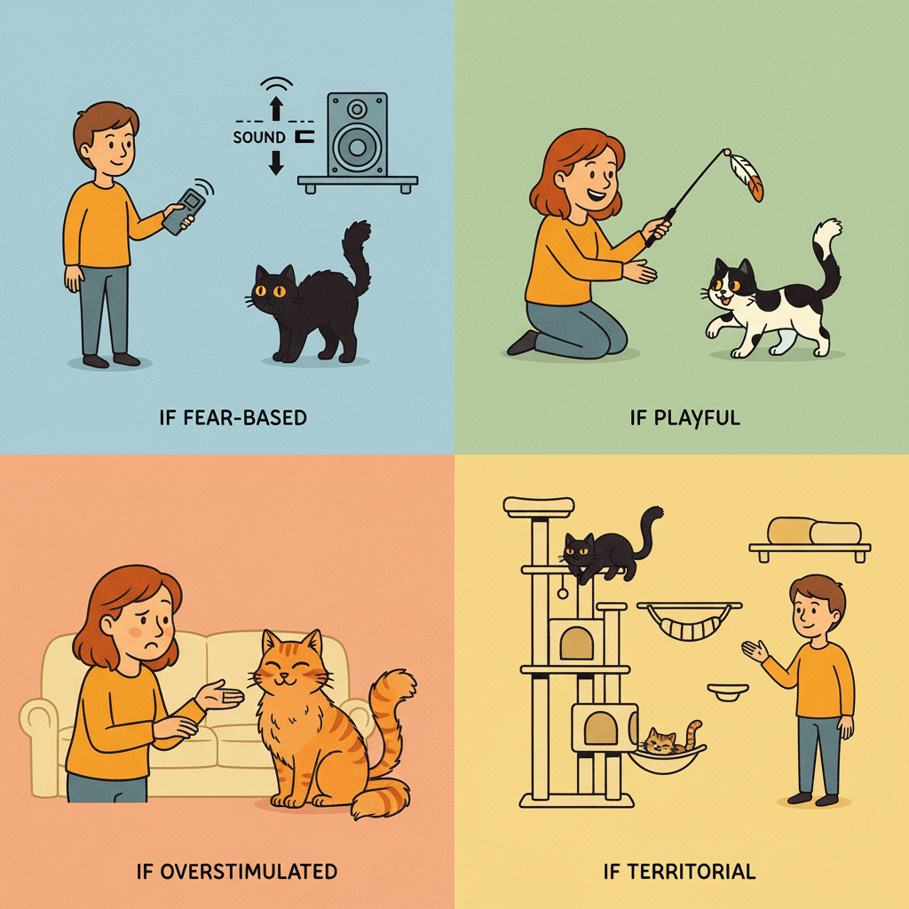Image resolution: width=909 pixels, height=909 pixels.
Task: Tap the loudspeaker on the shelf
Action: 357,135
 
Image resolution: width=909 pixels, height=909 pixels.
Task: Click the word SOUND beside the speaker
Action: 259,138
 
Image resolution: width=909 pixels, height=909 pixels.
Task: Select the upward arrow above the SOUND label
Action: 277,108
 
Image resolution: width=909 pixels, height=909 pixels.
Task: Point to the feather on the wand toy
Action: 747,177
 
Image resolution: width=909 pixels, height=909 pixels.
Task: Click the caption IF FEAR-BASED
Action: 233,417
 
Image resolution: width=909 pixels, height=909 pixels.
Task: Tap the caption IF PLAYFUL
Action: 684,417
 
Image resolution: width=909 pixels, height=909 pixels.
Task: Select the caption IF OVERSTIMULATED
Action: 236,872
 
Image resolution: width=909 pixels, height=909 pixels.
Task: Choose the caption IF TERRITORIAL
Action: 679,872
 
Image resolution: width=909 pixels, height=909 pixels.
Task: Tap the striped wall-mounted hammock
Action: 689,621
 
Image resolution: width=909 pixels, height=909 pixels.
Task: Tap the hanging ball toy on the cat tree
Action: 562,593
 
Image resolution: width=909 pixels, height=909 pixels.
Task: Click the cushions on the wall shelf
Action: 814,531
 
